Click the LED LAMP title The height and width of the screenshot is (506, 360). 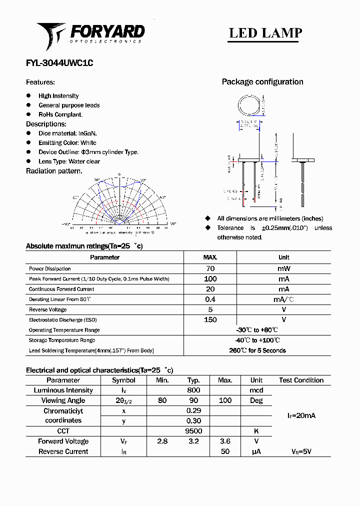265,33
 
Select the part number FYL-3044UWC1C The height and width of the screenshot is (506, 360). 59,63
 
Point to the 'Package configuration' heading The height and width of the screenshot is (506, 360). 262,82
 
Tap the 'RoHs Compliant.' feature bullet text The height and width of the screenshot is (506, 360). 60,114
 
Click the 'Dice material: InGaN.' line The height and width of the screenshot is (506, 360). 67,133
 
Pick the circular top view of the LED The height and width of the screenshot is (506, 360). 248,106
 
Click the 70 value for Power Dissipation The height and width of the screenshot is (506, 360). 210,268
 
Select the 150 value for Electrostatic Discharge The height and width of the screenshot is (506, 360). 210,319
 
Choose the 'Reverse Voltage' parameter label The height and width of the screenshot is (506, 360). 48,310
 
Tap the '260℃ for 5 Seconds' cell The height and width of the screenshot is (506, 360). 257,350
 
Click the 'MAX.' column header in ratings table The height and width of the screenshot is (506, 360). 210,257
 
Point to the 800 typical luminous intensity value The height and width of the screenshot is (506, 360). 193,390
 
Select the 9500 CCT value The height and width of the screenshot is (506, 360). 193,431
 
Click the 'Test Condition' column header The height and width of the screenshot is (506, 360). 301,380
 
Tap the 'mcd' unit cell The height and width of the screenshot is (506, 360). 256,390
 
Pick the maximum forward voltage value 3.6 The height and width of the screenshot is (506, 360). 225,441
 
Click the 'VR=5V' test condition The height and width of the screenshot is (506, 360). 301,451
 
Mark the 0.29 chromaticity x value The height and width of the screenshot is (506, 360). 193,410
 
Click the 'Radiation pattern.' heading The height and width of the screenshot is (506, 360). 54,171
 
